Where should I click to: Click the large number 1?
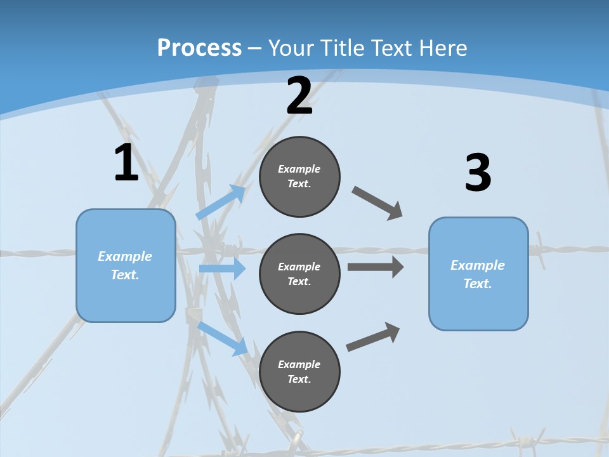click(126, 163)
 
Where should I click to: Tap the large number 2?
click(299, 96)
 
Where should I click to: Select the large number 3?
click(478, 173)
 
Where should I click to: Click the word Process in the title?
click(199, 48)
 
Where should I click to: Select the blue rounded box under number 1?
click(126, 265)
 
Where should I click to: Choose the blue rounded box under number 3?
click(478, 274)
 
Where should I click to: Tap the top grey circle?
click(299, 176)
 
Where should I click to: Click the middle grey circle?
click(299, 274)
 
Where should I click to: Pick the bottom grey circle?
click(299, 371)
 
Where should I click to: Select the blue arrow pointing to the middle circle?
click(222, 268)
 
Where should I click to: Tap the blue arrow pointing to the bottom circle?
click(223, 338)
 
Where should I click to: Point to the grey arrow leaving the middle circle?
click(376, 267)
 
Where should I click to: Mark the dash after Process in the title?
click(255, 48)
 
